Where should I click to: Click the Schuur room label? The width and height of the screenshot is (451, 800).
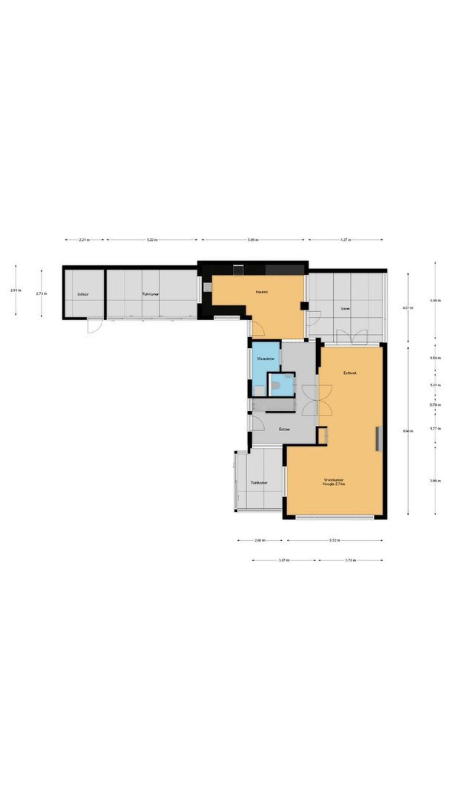[82, 294]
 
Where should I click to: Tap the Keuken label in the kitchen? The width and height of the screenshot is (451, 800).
[261, 292]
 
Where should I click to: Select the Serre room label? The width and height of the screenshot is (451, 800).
[345, 307]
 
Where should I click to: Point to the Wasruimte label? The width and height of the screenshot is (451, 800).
[265, 359]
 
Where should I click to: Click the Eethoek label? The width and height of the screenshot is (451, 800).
[350, 373]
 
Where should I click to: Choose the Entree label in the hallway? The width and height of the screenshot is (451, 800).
[284, 430]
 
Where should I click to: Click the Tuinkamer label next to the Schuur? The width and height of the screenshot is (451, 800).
[151, 294]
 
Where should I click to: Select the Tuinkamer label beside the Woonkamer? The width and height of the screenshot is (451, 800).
[258, 482]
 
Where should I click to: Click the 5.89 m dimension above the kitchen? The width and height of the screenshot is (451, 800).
[253, 240]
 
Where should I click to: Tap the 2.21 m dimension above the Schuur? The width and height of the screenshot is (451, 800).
[84, 240]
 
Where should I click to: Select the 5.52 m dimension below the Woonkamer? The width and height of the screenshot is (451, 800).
[335, 541]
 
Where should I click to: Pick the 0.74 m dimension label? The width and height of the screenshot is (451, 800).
[435, 405]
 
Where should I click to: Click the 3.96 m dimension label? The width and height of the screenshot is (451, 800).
[435, 481]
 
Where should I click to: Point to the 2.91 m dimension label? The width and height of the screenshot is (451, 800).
[16, 290]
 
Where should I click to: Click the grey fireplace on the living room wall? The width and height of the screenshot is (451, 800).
[380, 439]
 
